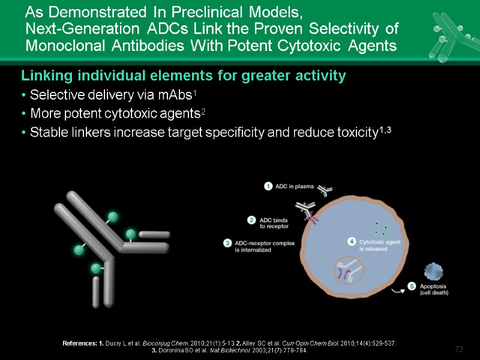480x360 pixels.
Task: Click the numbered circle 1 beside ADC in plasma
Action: tap(269, 186)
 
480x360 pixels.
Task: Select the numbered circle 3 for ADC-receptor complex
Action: tap(228, 243)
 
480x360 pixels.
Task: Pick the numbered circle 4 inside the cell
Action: tap(352, 241)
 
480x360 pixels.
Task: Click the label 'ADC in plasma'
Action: tap(295, 186)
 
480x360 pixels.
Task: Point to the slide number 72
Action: tap(459, 349)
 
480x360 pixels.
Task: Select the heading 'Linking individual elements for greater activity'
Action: tap(184, 76)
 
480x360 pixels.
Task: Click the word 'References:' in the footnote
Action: tap(80, 343)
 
